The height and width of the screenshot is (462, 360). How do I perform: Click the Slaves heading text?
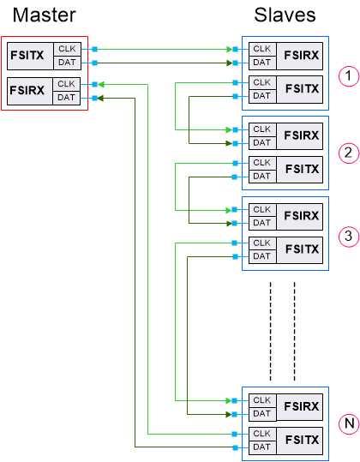[x=285, y=15]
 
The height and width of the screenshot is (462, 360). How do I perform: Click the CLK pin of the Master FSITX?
[x=67, y=49]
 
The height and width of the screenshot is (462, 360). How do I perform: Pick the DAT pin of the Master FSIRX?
[x=67, y=99]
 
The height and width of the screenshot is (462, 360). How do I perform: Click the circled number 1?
[x=347, y=76]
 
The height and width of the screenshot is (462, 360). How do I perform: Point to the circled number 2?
[x=347, y=153]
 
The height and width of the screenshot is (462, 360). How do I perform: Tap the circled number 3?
[x=347, y=236]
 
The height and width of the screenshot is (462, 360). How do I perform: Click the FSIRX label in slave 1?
[x=302, y=56]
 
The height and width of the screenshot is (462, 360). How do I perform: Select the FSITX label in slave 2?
[x=302, y=169]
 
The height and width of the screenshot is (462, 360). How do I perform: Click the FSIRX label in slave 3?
[x=302, y=216]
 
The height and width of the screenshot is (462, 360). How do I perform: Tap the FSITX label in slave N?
[x=302, y=440]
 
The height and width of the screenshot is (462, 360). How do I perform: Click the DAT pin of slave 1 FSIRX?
[x=261, y=63]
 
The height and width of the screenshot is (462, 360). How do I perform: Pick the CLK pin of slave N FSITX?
[x=261, y=434]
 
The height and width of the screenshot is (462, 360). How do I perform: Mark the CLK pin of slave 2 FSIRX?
[x=261, y=129]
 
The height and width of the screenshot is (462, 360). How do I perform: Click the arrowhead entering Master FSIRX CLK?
[x=99, y=85]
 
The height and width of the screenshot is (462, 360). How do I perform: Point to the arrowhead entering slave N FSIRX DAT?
[x=229, y=414]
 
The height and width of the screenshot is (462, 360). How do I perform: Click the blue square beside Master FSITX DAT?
[x=94, y=63]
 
